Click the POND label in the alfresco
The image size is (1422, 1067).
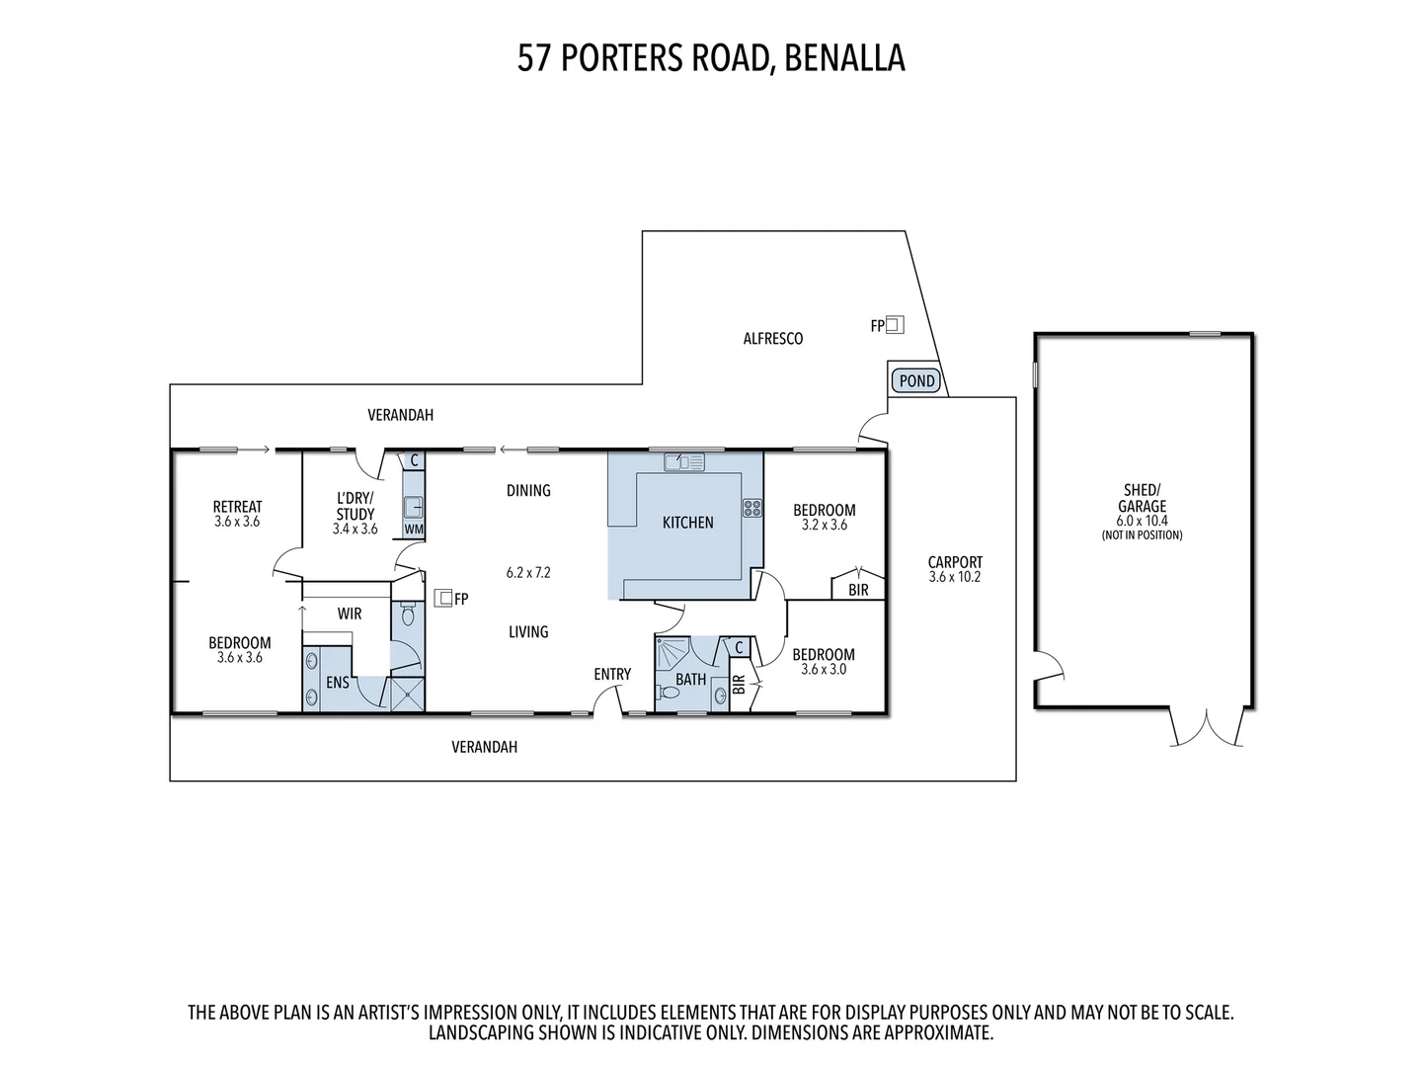click(x=916, y=380)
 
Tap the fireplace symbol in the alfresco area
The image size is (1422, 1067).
click(x=895, y=323)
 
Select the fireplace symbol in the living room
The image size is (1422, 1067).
click(x=443, y=597)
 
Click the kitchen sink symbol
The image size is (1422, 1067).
click(x=683, y=461)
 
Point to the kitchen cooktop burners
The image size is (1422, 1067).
click(x=752, y=508)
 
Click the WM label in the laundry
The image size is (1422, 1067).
click(x=414, y=530)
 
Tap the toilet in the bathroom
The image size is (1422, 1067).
click(x=669, y=694)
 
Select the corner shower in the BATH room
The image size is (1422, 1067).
click(x=671, y=652)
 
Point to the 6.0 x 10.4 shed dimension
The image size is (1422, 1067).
click(x=1142, y=521)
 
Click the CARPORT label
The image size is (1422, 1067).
click(x=955, y=562)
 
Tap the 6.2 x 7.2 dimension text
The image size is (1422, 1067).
click(x=528, y=572)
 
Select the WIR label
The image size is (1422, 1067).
click(x=350, y=614)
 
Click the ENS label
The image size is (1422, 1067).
click(x=337, y=682)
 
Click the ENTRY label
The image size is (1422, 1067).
click(x=612, y=674)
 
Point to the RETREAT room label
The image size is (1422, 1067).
click(x=237, y=507)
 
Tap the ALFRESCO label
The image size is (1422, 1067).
click(x=773, y=339)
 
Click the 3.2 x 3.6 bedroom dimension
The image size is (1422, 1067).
click(x=825, y=525)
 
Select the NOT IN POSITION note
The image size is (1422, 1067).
click(x=1142, y=535)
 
